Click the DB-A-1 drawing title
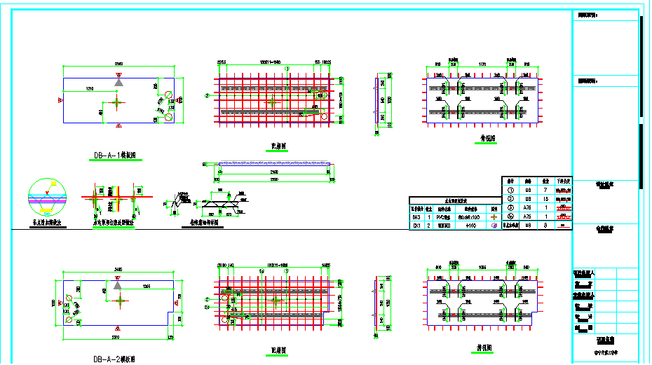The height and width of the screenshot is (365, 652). [119, 156]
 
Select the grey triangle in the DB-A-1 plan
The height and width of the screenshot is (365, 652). [119, 83]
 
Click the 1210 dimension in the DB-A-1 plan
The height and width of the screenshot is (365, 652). [91, 89]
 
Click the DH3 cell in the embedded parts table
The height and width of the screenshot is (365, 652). [416, 218]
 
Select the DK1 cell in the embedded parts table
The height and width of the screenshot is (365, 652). [416, 226]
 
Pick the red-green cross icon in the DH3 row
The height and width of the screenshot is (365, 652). [494, 218]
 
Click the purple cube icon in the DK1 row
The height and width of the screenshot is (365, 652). [494, 226]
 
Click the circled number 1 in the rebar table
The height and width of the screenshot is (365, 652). [510, 190]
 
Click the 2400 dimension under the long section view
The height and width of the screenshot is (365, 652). [273, 171]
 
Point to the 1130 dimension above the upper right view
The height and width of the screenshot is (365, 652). [482, 64]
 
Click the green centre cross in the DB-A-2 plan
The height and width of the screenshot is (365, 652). [123, 301]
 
